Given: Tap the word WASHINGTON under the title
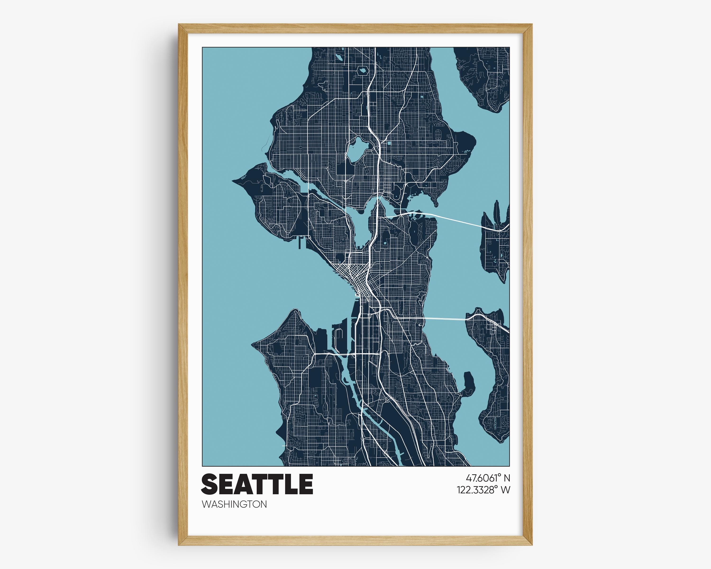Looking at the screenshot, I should point(234,504).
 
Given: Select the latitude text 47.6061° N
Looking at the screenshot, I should point(488,478).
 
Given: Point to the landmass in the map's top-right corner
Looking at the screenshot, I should point(485,76).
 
